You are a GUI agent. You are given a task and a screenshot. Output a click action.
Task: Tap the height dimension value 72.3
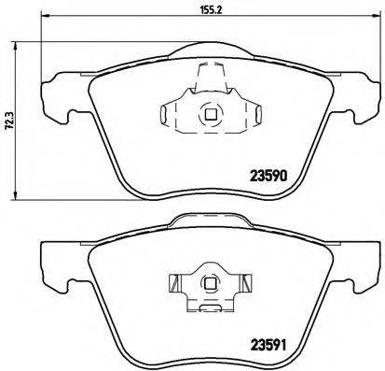tap(9, 120)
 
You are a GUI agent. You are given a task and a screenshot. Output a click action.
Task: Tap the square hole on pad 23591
tap(211, 280)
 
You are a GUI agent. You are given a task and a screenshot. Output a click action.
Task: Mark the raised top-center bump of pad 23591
tap(211, 221)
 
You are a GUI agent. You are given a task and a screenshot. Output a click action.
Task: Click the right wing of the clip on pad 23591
tap(246, 281)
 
